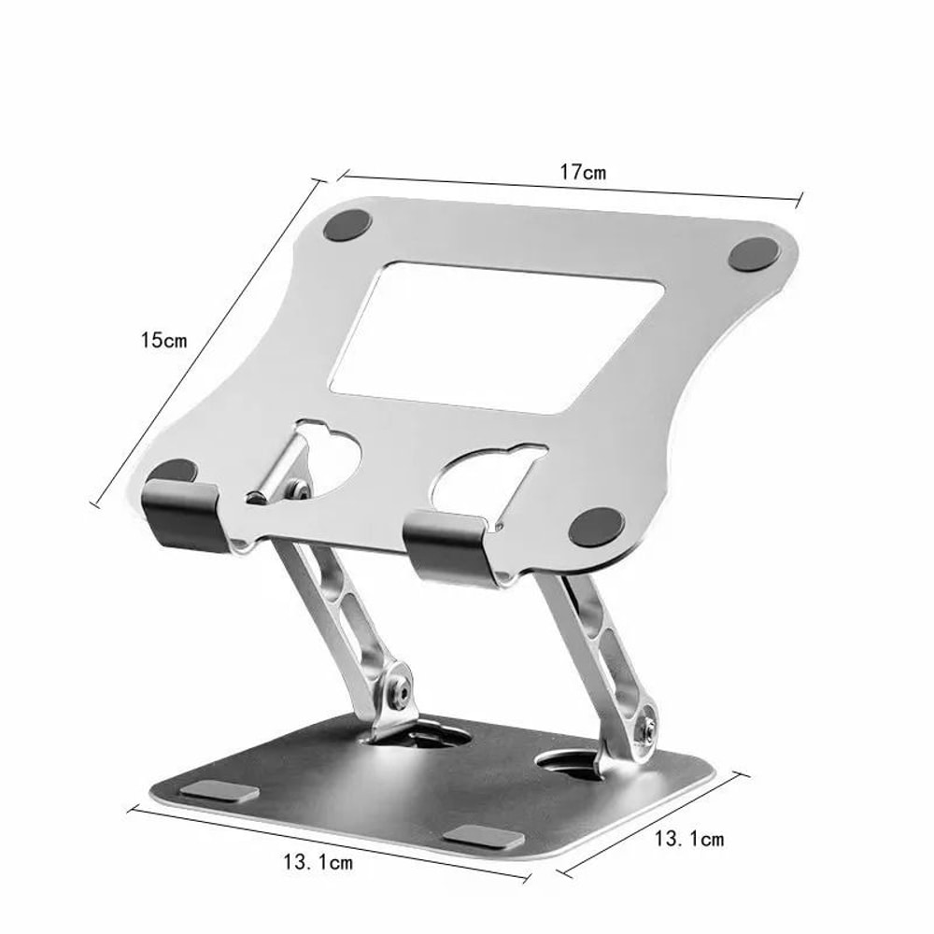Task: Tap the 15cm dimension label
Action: point(163,340)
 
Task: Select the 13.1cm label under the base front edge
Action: point(317,862)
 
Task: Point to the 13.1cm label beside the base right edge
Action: point(688,839)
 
